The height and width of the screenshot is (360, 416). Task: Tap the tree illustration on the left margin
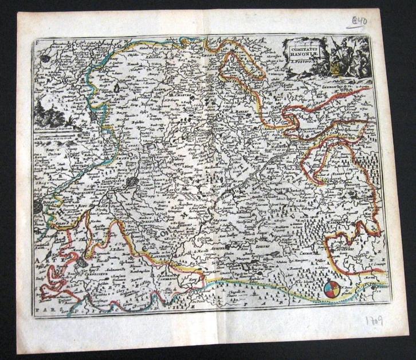click(46, 109)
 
